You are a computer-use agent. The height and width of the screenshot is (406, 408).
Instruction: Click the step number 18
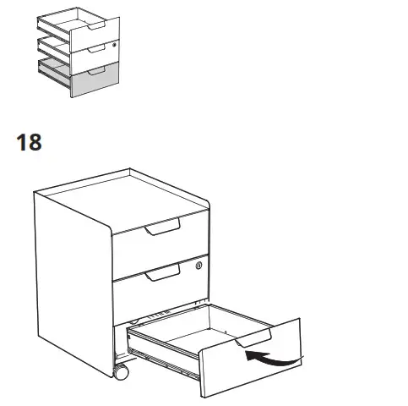29,141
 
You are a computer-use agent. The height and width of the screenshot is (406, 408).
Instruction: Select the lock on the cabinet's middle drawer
199,266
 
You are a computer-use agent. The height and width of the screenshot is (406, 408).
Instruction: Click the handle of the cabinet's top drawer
162,228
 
